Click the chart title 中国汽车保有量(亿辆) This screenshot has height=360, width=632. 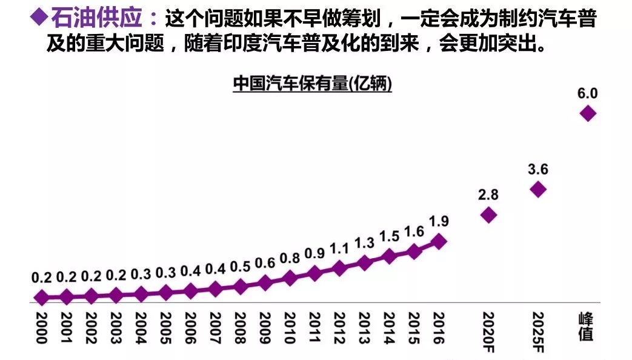point(312,85)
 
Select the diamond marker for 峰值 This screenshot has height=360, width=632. point(587,113)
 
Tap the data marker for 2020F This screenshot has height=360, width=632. point(488,215)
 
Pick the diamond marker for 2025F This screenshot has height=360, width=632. point(537,190)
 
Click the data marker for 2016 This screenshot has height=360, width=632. point(439,242)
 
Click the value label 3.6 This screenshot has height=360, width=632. point(537,170)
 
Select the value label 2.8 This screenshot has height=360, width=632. point(488,195)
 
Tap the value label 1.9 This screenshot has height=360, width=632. point(439,222)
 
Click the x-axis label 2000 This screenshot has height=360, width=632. point(41,328)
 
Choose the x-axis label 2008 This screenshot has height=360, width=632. point(240,328)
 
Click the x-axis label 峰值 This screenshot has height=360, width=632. point(586,327)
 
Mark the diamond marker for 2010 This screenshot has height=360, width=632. point(290,278)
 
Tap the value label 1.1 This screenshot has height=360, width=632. point(339,248)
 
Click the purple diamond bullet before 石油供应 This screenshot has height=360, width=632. point(39,18)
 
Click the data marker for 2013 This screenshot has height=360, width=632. point(364,262)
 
